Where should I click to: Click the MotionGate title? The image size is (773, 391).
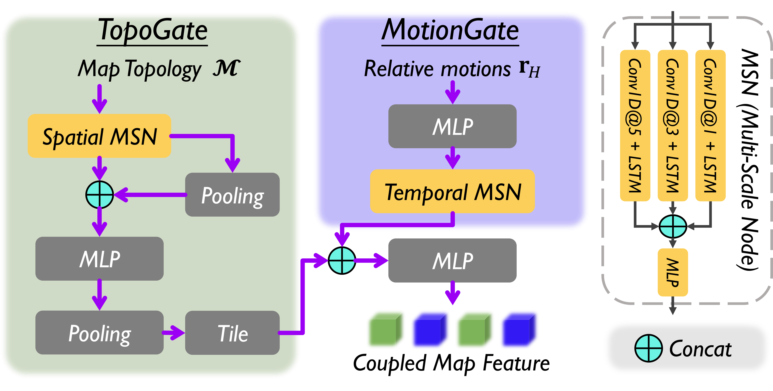(450, 31)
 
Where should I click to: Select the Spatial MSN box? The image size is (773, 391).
(99, 136)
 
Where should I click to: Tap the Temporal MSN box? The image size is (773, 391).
(452, 191)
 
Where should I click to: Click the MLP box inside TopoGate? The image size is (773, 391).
(99, 259)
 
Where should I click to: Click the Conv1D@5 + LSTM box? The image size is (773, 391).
(635, 125)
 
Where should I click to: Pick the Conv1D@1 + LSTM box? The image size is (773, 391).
(710, 125)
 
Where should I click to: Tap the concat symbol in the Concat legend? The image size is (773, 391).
(648, 348)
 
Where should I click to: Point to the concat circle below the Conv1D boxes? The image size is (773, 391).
(673, 226)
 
